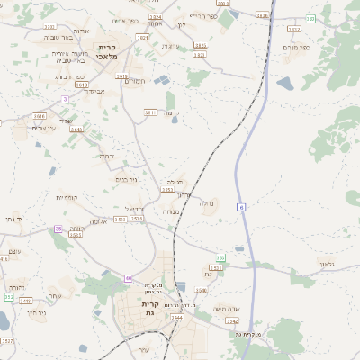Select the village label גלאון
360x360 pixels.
[326, 264]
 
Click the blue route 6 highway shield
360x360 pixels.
[241, 207]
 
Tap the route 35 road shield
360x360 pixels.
[58, 229]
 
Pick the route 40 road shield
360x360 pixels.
[129, 278]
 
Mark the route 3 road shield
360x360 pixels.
[65, 98]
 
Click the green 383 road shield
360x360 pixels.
[310, 18]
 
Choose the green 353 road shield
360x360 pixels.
[220, 258]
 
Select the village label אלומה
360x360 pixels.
[97, 221]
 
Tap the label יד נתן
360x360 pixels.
[12, 219]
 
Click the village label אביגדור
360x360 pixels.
[94, 91]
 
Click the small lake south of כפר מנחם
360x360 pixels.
[284, 84]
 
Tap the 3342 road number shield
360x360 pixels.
[232, 320]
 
